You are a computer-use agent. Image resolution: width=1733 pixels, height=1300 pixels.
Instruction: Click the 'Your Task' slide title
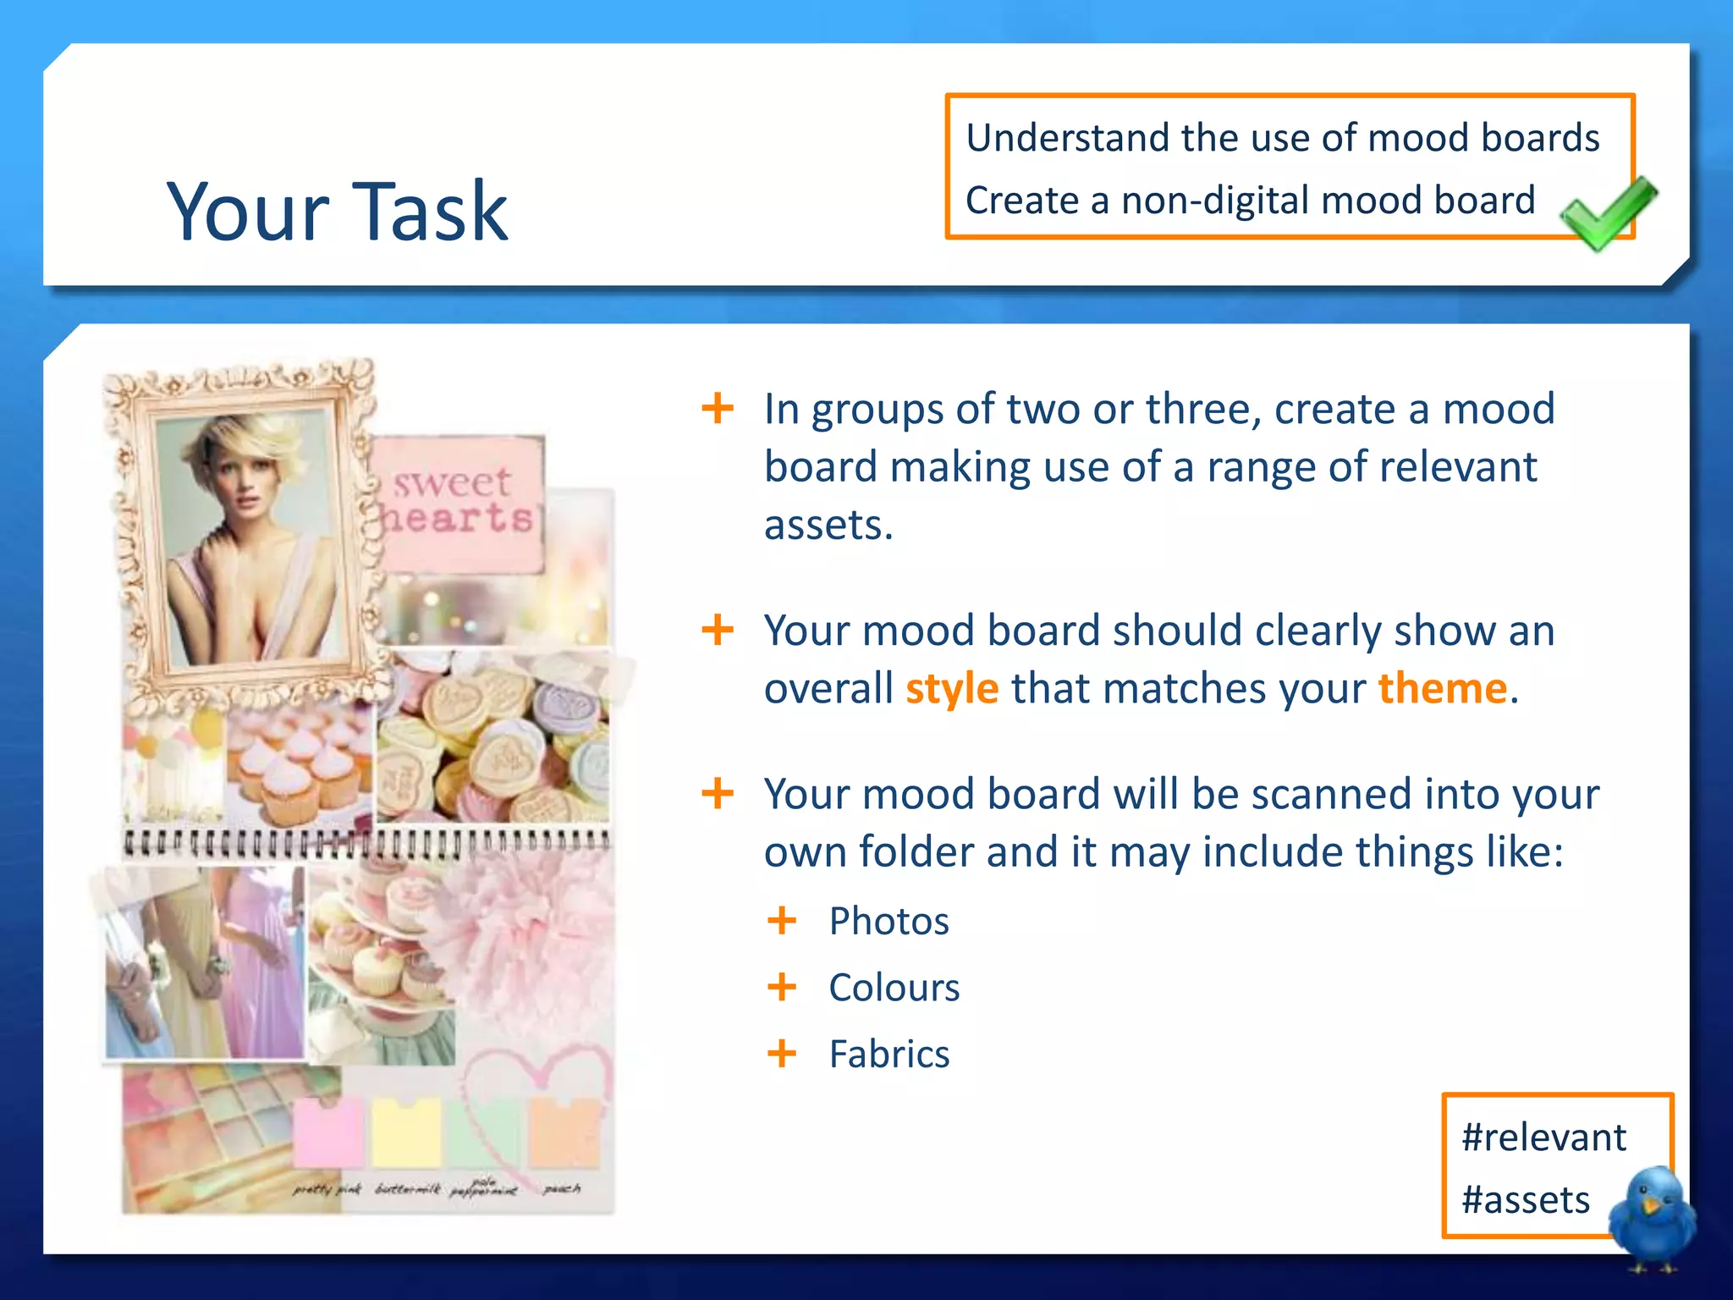tap(337, 212)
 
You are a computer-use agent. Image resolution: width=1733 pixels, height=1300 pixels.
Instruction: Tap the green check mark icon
tap(1606, 213)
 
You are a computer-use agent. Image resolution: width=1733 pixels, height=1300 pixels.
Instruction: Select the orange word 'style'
tap(952, 689)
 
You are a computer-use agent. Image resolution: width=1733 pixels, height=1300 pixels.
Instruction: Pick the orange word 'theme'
tap(1442, 689)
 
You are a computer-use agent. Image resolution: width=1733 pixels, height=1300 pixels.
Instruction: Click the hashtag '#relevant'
tap(1543, 1137)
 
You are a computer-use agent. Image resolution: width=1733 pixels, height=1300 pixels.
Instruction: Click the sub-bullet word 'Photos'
tap(889, 921)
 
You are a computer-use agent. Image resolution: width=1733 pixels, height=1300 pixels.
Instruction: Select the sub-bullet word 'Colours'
tap(894, 988)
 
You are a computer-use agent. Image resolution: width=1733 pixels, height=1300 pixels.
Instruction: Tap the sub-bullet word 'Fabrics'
tap(889, 1055)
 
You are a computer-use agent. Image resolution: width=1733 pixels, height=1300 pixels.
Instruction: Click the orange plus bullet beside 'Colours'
tap(782, 987)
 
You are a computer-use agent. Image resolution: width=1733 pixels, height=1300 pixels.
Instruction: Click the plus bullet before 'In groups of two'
tap(718, 409)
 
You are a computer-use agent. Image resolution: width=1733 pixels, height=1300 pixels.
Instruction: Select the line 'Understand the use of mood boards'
tap(1282, 138)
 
